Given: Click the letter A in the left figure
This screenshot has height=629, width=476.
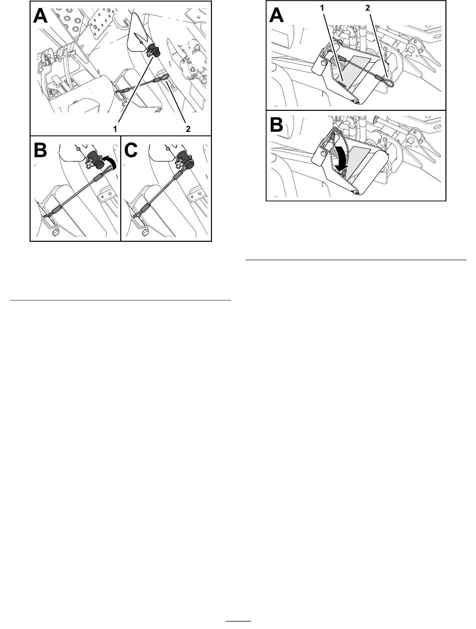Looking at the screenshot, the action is [41, 16].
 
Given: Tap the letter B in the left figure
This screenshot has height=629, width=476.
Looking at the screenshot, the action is [41, 150].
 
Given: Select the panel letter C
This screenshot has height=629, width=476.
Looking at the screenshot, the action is [131, 150].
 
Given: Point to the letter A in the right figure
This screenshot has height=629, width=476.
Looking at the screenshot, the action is [277, 16].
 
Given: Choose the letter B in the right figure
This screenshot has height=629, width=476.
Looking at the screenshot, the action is [276, 125].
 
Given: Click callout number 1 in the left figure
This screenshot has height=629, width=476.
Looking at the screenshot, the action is [115, 129].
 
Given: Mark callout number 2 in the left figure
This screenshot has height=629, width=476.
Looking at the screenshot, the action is [188, 129].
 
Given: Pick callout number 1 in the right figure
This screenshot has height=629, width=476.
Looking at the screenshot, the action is [322, 9].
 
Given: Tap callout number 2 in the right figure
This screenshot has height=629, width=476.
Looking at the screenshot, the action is [367, 9].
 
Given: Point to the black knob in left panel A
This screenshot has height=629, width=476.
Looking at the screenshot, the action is [154, 50].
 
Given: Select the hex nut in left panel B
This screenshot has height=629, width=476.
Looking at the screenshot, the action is [55, 232].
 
